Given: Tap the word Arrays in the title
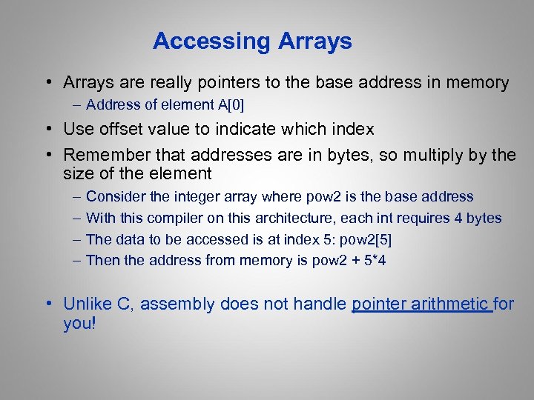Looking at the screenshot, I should click(x=315, y=41).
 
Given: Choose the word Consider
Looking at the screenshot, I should click(x=114, y=197).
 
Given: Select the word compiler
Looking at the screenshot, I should click(x=176, y=219).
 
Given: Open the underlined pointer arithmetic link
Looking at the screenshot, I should click(x=421, y=304).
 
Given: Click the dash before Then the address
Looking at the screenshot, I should click(x=78, y=261).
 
